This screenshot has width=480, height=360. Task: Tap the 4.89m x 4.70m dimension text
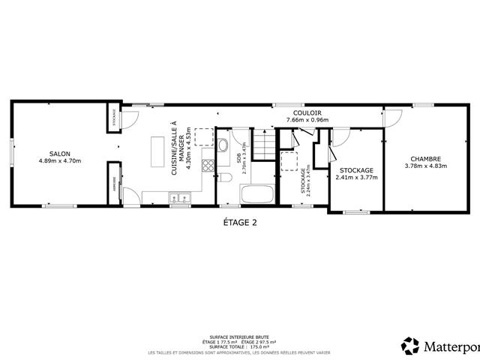coord(59,160)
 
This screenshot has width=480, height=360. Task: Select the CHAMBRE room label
coord(424,158)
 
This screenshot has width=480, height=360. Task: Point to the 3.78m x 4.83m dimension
coord(424,166)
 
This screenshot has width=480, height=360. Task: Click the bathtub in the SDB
coord(256,195)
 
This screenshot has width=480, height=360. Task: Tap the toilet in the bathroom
coord(225,178)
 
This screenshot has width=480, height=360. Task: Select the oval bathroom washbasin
coord(223,145)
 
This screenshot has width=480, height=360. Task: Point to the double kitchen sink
coord(179,198)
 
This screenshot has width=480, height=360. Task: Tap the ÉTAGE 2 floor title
coord(240,222)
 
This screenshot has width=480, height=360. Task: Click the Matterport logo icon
coord(410,346)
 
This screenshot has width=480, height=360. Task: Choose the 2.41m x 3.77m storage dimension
coord(356,178)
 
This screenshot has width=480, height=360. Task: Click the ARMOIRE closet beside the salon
coord(114,183)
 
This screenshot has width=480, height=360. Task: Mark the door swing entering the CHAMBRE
coord(391,118)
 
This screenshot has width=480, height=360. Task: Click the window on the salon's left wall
coord(11,154)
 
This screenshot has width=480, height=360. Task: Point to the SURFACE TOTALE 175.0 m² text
coord(241,346)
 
